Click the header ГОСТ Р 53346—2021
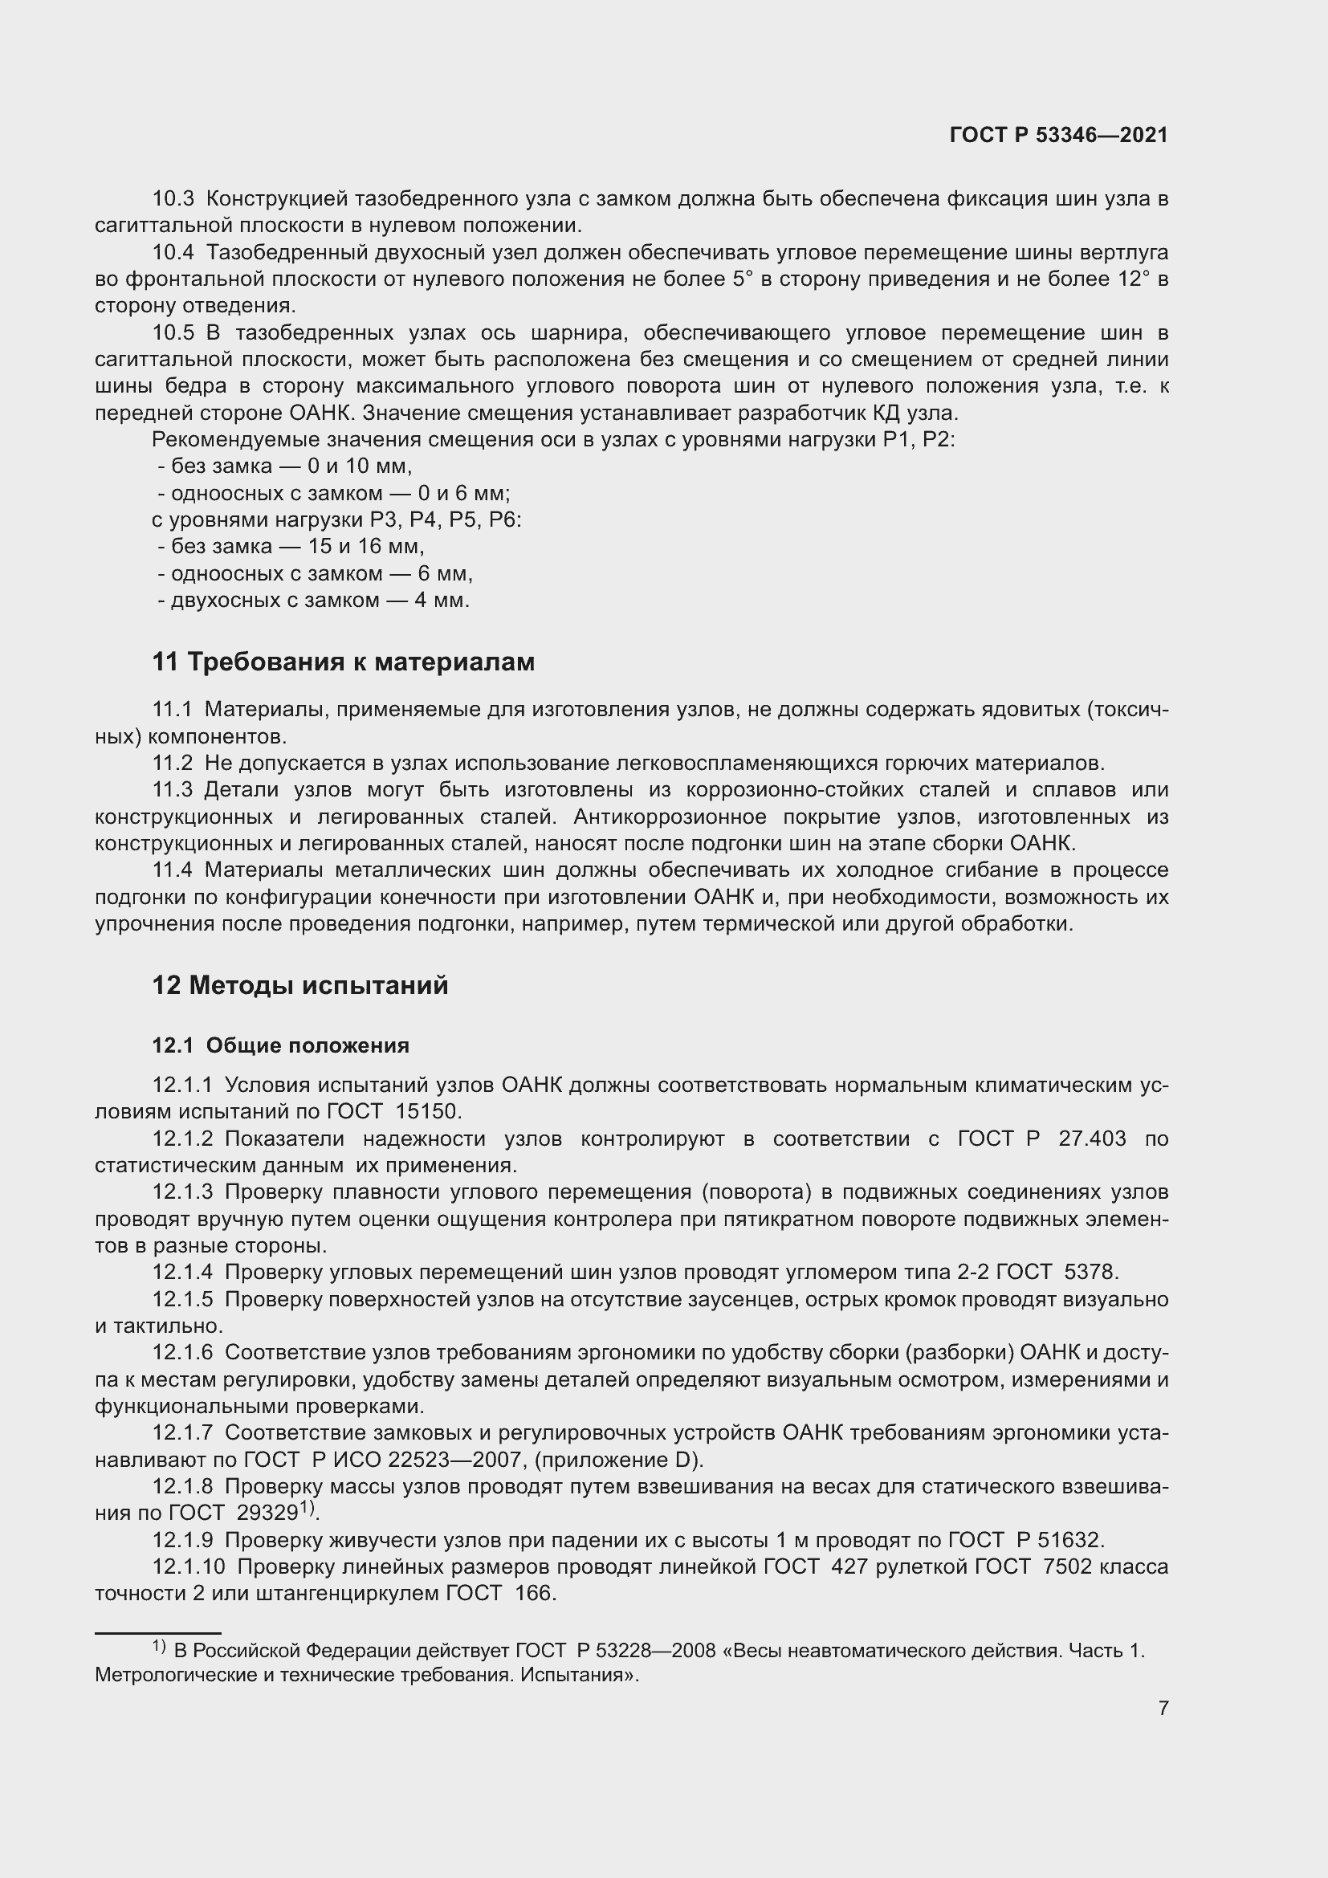1058,136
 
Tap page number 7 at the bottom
1163,1708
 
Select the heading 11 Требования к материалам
343,662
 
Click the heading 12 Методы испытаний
299,985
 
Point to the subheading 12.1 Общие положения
280,1045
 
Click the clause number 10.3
173,199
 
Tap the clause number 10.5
173,333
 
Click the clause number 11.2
173,763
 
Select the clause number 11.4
173,870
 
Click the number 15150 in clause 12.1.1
429,1111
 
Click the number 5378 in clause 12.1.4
1090,1272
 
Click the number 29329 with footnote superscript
267,1513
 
